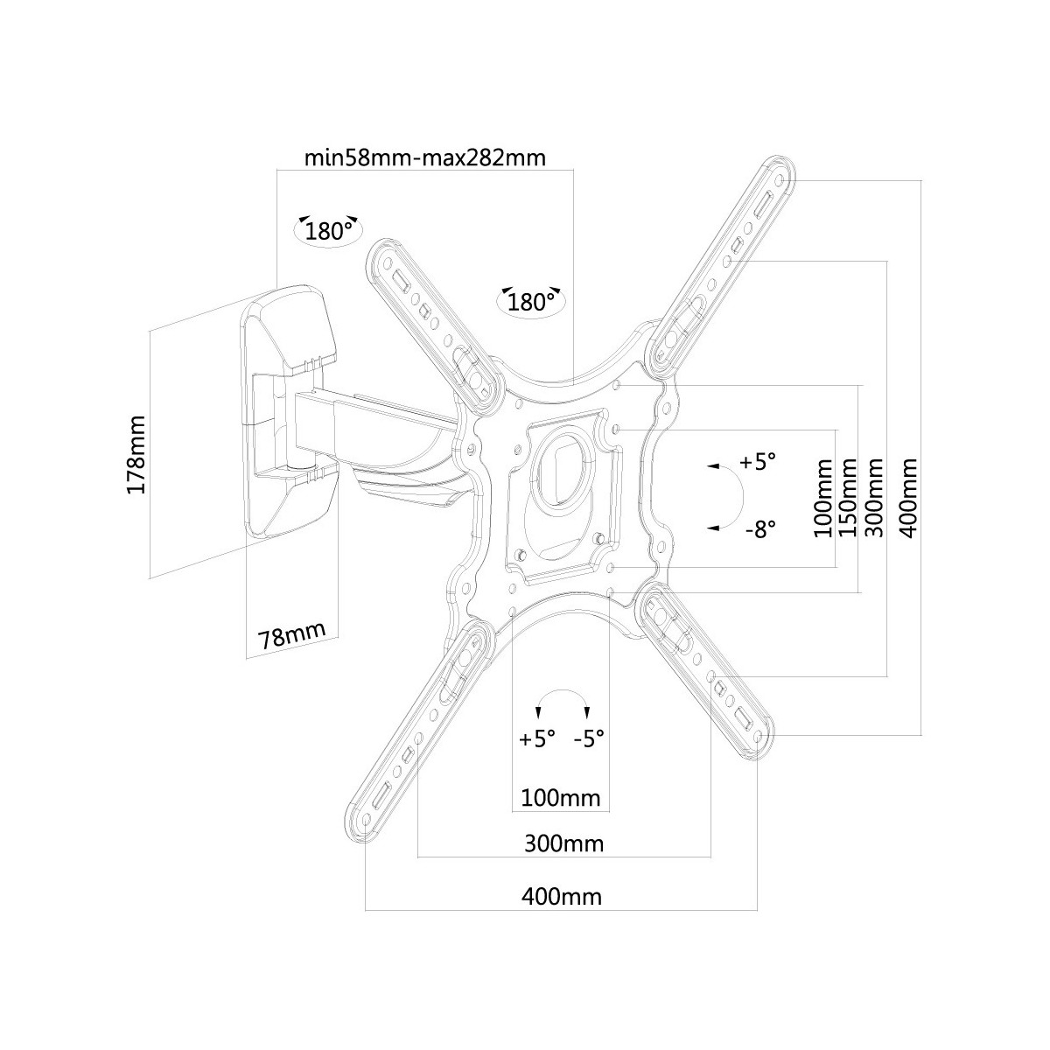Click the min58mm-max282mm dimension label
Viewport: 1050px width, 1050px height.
(424, 158)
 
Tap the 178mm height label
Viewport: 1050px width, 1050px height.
(136, 454)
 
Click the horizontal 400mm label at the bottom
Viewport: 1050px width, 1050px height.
(561, 896)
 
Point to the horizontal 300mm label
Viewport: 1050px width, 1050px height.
(563, 843)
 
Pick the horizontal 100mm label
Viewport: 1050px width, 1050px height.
(560, 798)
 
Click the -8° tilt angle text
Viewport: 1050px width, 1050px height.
(760, 529)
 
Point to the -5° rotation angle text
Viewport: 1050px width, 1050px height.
(590, 738)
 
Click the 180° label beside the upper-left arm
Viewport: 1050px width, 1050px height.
(531, 303)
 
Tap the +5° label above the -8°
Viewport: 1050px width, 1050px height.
(758, 462)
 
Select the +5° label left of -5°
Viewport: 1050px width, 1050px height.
(537, 738)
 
